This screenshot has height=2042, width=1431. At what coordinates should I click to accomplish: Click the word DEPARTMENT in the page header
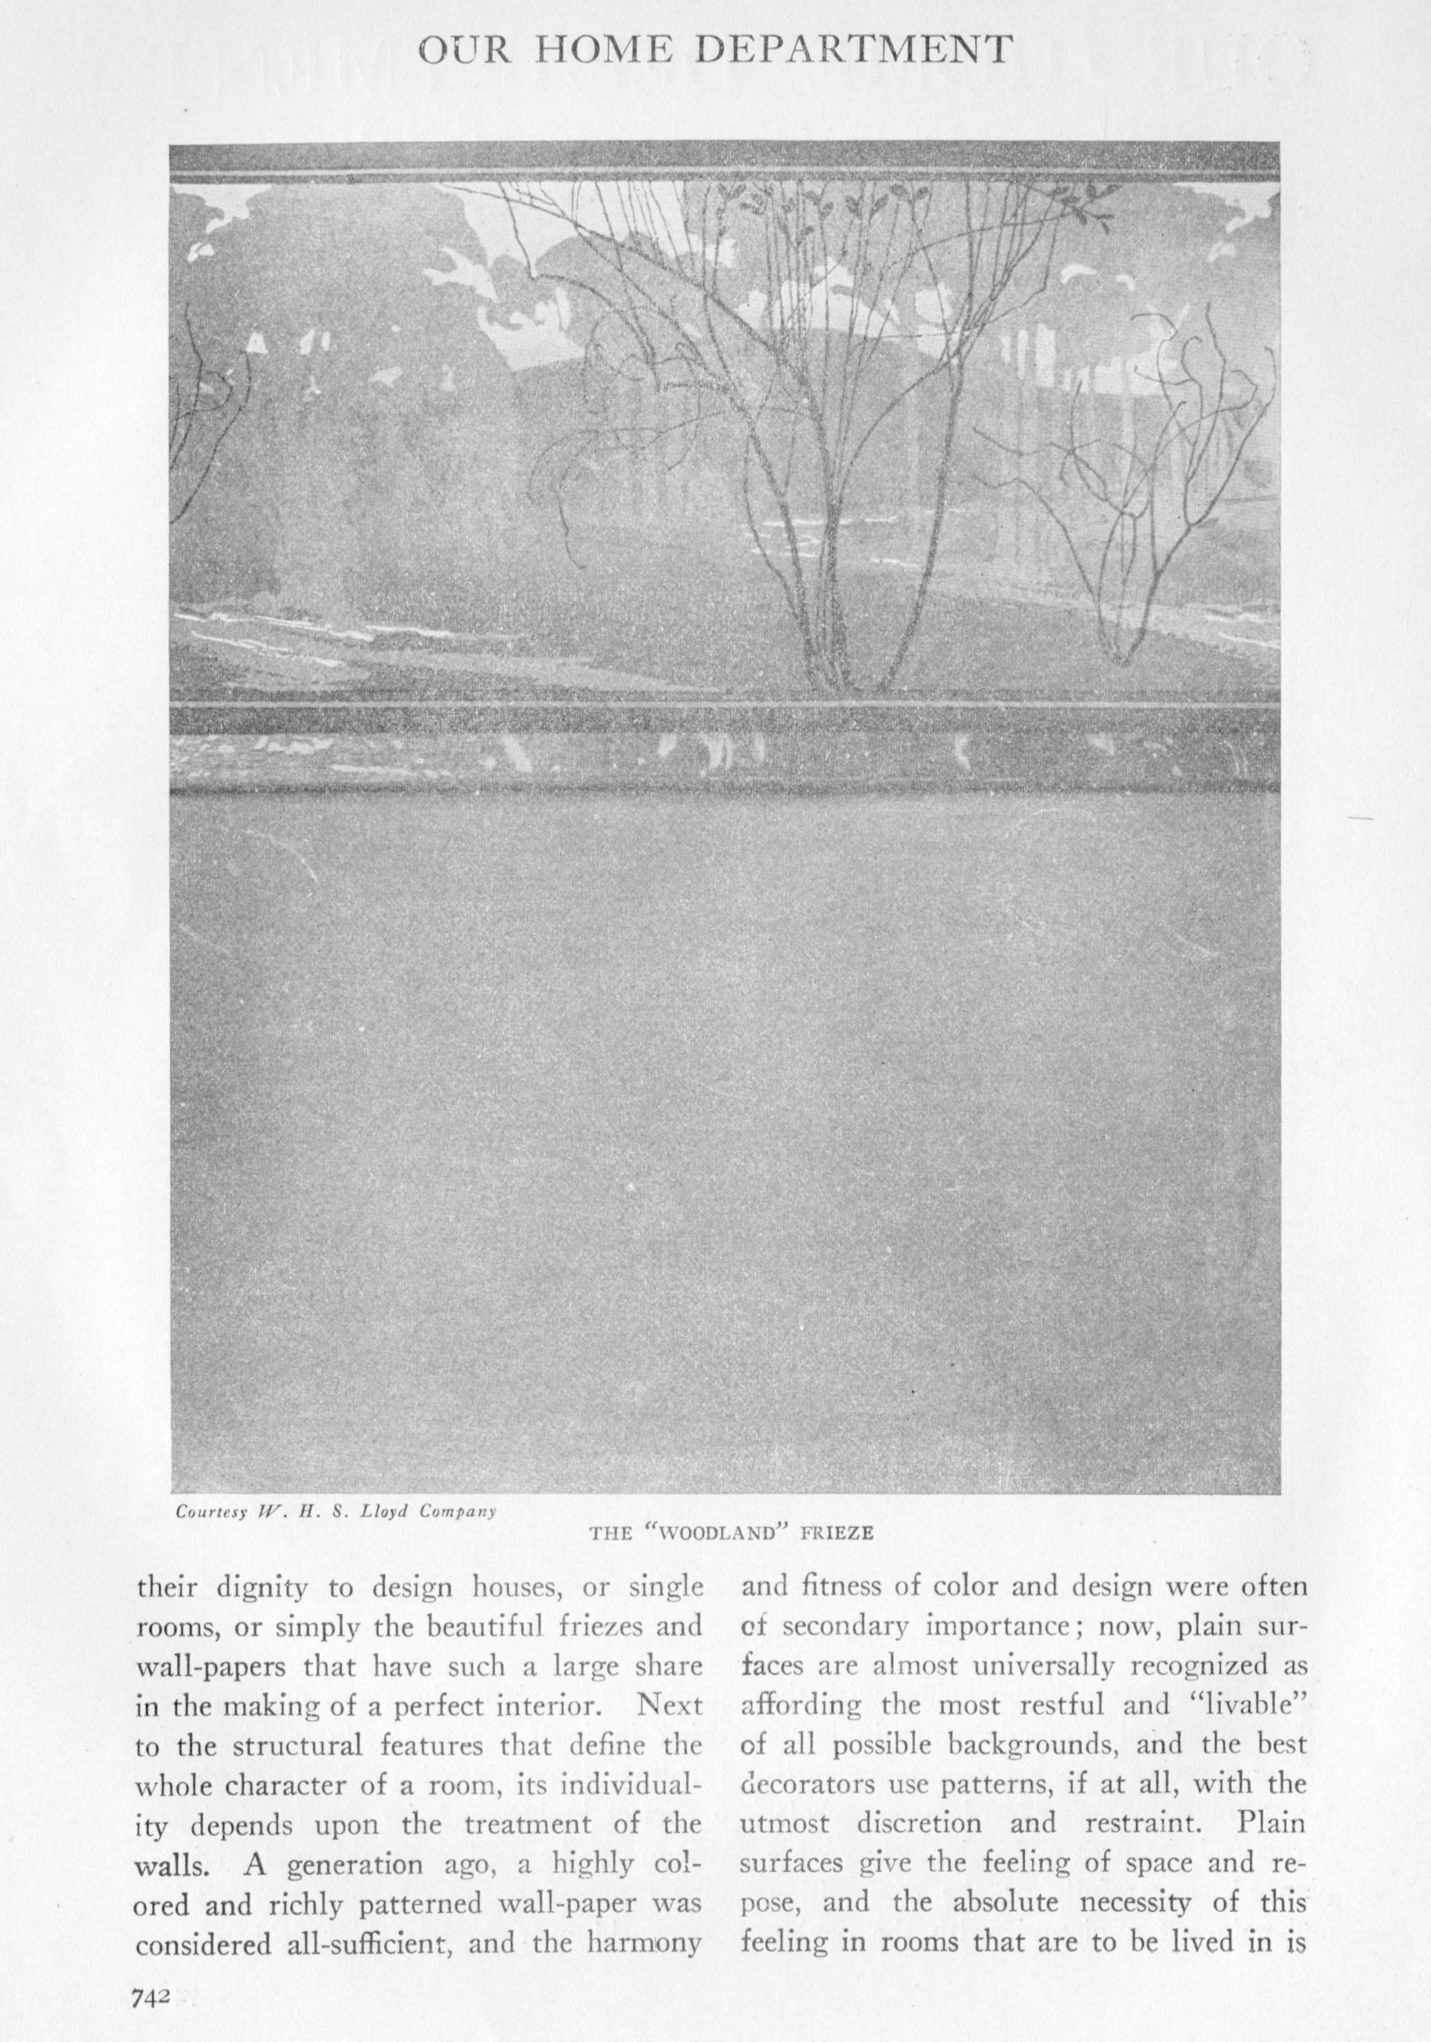[x=854, y=51]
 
